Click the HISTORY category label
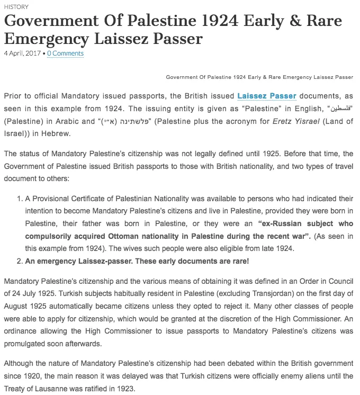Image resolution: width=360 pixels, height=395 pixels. pos(16,7)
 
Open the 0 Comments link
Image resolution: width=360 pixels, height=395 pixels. pos(65,53)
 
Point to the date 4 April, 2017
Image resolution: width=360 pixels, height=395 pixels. pos(23,53)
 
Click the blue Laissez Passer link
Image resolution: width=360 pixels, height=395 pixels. pos(266,96)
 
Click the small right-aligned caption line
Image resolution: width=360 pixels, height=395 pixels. pos(259,77)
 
